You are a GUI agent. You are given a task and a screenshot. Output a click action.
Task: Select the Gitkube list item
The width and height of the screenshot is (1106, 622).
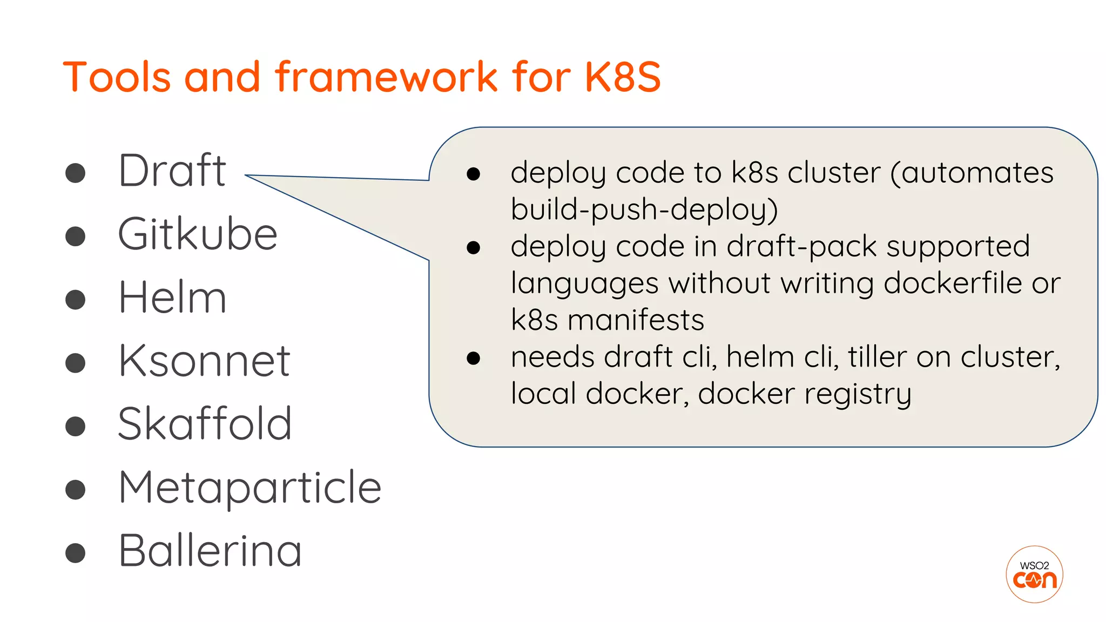[x=198, y=234]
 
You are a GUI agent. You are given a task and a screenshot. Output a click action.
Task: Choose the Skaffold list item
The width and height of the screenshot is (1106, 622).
[x=205, y=424]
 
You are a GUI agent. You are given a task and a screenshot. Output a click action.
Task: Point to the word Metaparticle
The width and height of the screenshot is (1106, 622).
[x=249, y=488]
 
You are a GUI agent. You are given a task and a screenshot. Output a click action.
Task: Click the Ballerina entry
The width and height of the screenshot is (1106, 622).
[x=210, y=551]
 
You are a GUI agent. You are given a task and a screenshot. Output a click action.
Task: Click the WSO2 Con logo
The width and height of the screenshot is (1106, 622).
[x=1034, y=574]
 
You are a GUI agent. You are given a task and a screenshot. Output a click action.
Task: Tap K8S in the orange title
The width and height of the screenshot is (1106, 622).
[x=623, y=77]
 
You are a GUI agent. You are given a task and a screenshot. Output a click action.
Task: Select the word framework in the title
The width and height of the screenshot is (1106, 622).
[x=387, y=77]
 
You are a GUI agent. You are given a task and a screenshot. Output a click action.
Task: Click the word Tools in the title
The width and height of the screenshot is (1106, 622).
[x=117, y=77]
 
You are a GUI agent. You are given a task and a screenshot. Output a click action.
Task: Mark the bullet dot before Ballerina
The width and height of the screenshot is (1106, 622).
[x=75, y=553]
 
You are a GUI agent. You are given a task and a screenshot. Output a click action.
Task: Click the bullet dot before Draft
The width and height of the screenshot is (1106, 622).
[x=75, y=173]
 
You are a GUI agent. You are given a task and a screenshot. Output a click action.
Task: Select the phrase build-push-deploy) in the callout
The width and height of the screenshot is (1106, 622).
[x=644, y=209]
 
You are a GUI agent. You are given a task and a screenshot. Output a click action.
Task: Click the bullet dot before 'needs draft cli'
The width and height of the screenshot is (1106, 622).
[x=474, y=358]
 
